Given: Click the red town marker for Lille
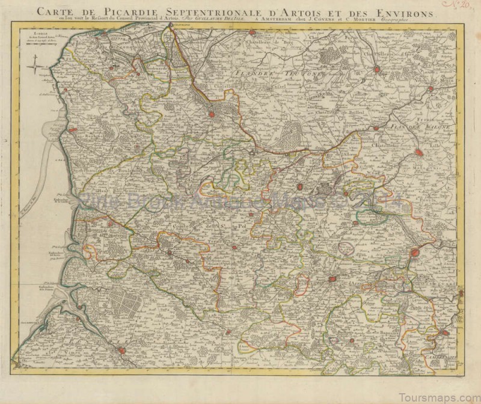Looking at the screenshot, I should click(x=419, y=153).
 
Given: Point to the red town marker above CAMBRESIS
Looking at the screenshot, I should click(x=445, y=332).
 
